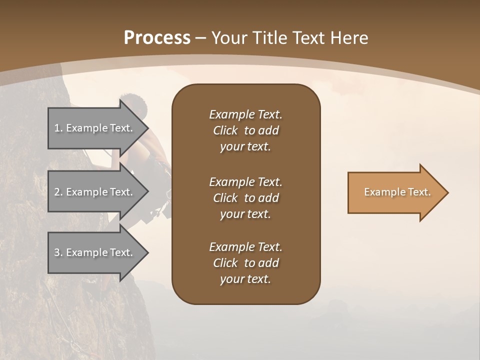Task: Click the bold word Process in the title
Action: click(x=157, y=38)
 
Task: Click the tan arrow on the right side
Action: click(x=395, y=192)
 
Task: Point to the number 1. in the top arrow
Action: click(x=58, y=128)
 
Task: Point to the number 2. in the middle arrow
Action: click(x=58, y=192)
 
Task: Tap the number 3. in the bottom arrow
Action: click(x=58, y=252)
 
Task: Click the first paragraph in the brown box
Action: click(x=245, y=130)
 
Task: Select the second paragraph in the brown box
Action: click(x=245, y=198)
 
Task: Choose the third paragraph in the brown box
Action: click(x=245, y=263)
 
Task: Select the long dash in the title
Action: click(x=201, y=38)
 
